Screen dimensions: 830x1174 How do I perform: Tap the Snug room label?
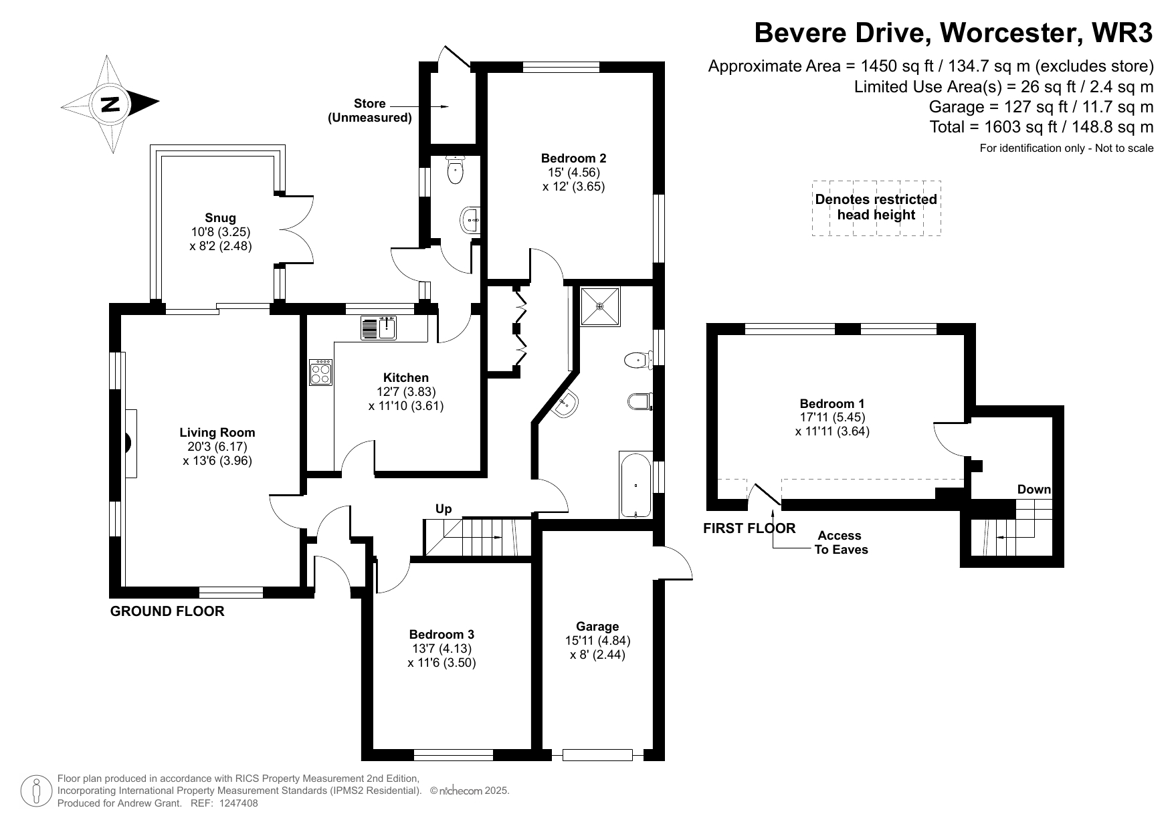point(220,218)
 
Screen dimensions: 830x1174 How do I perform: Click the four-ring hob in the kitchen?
point(320,373)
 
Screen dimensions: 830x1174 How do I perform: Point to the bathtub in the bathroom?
point(635,486)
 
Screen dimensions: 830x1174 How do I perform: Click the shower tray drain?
point(600,306)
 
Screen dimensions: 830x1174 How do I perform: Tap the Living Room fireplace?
point(129,443)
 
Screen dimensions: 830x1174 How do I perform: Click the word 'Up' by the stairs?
point(444,509)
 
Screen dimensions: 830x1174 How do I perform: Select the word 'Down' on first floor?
point(1034,490)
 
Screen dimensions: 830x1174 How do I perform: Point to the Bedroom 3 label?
point(442,635)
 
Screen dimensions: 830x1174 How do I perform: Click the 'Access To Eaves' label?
point(840,542)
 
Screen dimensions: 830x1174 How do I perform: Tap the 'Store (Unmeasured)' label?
point(369,110)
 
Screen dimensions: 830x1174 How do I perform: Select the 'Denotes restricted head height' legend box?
point(876,207)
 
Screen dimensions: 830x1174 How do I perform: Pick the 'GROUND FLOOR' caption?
point(167,611)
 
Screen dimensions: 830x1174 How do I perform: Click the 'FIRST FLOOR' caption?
point(749,528)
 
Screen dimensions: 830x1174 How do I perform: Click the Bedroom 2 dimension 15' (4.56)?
point(573,173)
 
